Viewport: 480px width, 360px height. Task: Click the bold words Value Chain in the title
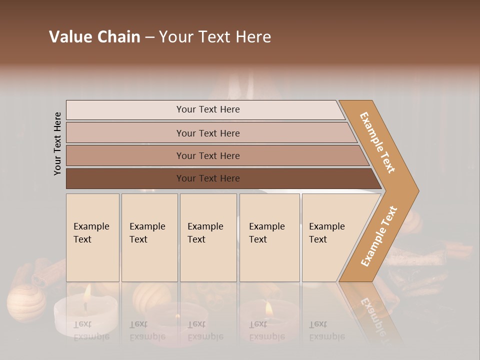point(94,37)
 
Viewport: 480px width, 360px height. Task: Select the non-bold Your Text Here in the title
point(215,37)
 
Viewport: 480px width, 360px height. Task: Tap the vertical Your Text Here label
point(57,143)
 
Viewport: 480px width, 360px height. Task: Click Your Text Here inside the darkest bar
point(208,178)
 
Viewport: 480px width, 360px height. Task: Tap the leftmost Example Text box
point(92,237)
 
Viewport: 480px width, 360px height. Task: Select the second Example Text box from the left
point(149,237)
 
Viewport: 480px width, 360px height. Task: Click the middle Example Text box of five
point(208,237)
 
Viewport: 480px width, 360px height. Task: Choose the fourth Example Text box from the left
point(269,237)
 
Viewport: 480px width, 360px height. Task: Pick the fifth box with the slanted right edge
point(330,237)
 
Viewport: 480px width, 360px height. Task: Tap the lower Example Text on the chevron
point(379,236)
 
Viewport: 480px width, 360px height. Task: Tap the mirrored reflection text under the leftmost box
point(91,330)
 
